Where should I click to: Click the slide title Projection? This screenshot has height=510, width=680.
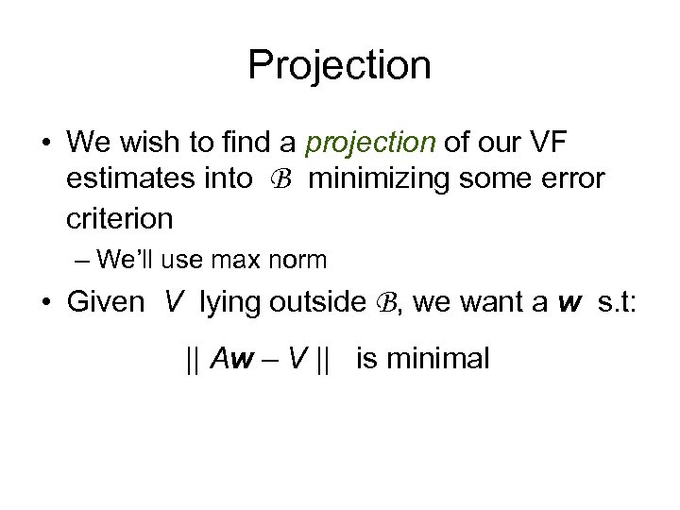pos(339,65)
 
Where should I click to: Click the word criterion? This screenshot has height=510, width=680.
pos(120,218)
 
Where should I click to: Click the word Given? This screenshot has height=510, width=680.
pos(105,302)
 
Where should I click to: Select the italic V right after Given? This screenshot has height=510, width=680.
pos(174,302)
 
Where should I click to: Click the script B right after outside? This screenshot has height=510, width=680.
pos(384,303)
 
